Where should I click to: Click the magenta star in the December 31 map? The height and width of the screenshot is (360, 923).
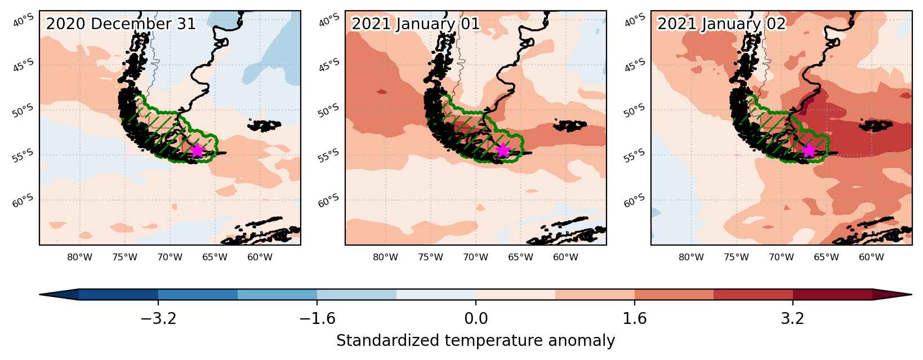coord(197,150)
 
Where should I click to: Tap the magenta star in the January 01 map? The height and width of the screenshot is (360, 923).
coord(503,150)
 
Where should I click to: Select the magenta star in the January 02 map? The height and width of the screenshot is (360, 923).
coord(809,150)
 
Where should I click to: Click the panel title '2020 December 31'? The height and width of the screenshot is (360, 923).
coord(121,24)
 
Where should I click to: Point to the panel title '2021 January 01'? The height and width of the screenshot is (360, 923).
coord(416,24)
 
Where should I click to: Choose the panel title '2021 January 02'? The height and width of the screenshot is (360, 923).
coord(721,24)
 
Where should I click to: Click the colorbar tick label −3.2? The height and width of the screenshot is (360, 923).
coord(158,318)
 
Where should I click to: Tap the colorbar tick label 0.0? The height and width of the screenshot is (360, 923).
coord(476,318)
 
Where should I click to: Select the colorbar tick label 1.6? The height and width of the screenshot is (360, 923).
coord(635,318)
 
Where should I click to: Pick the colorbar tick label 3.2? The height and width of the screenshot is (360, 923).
coord(793,318)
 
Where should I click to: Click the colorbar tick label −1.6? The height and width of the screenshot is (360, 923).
coord(317,318)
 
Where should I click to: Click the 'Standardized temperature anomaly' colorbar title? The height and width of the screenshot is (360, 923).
coord(475,341)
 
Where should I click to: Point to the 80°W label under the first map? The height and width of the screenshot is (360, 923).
coord(80,257)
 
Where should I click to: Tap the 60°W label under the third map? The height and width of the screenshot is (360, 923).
coord(871,257)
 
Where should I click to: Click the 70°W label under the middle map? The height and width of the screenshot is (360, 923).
coord(475,257)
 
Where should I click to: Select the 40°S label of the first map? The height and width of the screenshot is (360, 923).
coord(24,20)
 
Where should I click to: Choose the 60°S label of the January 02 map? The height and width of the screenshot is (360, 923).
coord(634,201)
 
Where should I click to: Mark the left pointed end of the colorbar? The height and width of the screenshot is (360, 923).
coord(39,295)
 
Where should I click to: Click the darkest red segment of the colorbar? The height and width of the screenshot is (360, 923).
coord(832,295)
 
